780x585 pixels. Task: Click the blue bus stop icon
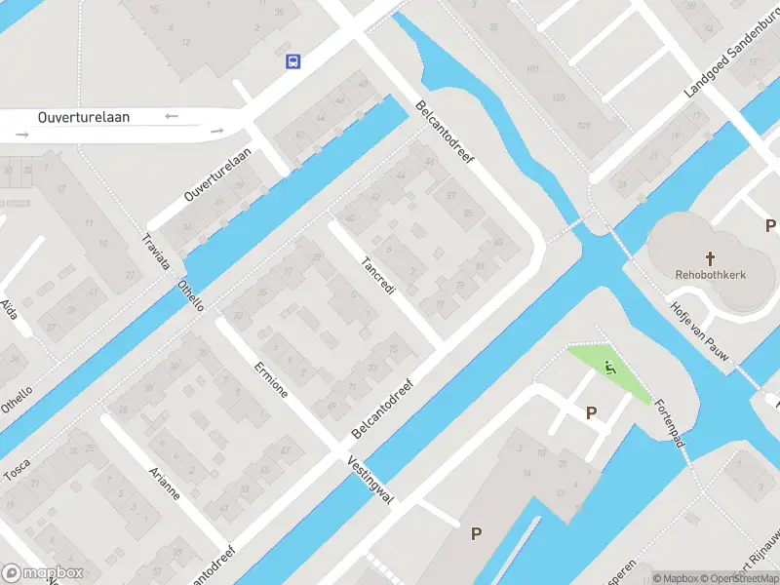tap(292, 61)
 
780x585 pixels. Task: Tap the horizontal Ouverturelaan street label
tap(84, 117)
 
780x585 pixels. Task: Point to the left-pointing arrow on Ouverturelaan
tap(173, 116)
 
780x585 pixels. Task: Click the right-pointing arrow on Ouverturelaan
tap(216, 131)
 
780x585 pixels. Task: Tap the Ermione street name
tap(270, 379)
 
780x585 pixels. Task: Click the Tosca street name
tap(17, 469)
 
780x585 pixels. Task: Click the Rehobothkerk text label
tap(711, 275)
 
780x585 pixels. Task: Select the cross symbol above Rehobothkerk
tap(711, 258)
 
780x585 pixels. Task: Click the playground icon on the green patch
tap(610, 368)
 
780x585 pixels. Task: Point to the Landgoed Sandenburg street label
tap(730, 61)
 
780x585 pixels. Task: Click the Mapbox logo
tap(43, 573)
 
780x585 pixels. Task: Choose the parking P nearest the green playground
tap(591, 413)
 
